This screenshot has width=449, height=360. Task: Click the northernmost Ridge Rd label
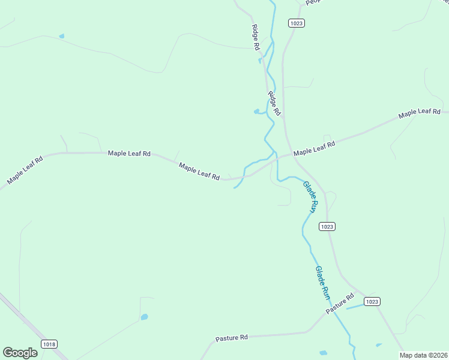[x=256, y=37]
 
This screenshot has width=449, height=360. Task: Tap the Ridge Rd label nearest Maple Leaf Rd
[x=274, y=103]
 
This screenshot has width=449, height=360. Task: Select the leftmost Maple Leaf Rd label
[x=25, y=170]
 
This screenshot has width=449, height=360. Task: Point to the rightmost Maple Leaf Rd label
[x=420, y=112]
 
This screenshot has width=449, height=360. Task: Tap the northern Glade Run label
[x=310, y=198]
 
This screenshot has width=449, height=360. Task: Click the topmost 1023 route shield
[x=296, y=23]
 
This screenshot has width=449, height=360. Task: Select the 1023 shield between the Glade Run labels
[x=327, y=226]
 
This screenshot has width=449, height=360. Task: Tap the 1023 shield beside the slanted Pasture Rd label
[x=372, y=301]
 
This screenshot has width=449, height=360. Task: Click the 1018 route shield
[x=49, y=344]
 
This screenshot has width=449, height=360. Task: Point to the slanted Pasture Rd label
[x=340, y=304]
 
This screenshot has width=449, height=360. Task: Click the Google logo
[x=20, y=353]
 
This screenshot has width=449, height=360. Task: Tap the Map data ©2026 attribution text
[x=424, y=355]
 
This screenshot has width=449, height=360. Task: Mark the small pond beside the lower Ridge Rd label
[x=257, y=111]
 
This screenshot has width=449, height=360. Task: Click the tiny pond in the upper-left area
[x=61, y=37]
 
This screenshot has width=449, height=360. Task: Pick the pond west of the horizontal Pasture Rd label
[x=144, y=317]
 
